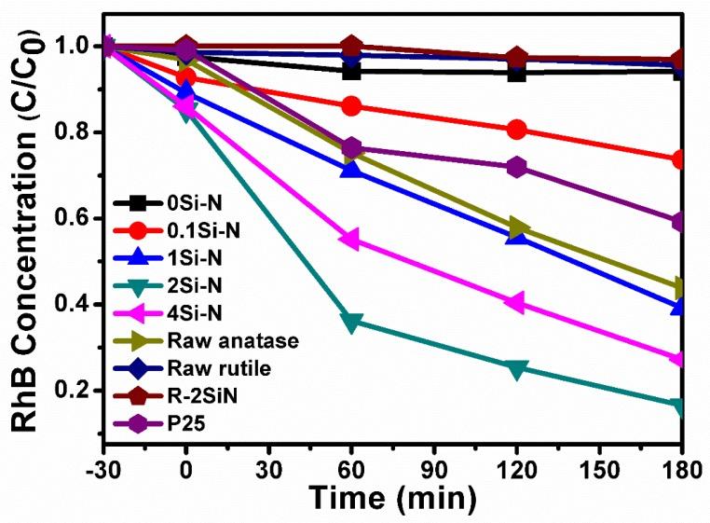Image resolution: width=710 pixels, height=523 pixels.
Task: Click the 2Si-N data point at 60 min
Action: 351,323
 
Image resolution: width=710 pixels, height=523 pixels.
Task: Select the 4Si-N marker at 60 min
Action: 349,240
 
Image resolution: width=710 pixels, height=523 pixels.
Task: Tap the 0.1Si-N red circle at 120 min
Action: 516,130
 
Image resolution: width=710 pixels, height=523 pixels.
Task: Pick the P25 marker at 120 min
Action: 516,168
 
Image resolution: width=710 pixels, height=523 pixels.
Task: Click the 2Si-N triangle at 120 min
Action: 516,368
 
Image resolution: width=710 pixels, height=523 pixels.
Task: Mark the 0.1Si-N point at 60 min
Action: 351,106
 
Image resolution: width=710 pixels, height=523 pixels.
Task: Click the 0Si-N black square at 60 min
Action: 351,72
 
